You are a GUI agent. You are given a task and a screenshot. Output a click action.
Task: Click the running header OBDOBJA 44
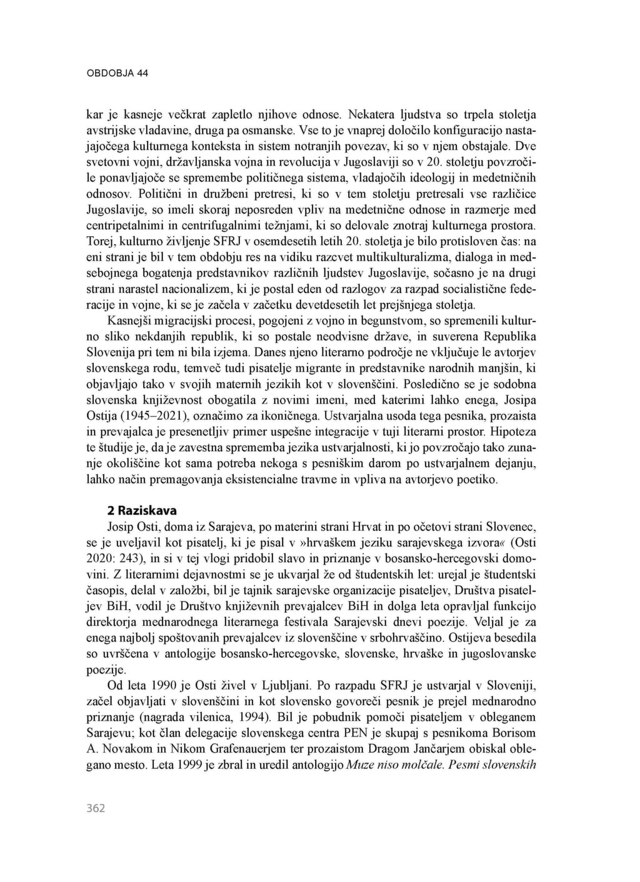(117, 73)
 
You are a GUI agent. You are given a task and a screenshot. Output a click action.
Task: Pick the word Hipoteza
(514, 431)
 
